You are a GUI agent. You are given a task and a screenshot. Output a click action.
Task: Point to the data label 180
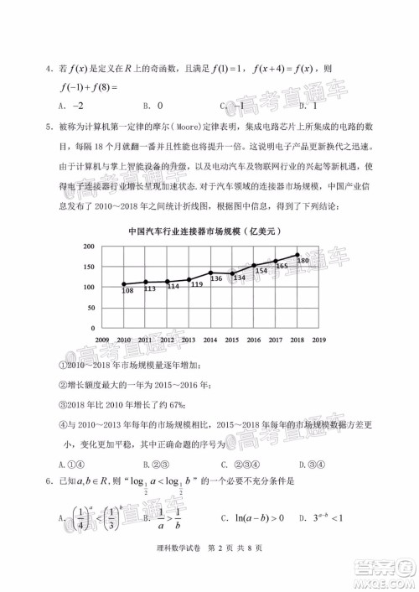coord(303,262)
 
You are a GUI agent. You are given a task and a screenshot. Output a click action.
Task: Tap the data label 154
coord(261,271)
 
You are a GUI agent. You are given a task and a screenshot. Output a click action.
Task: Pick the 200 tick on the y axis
coord(88,247)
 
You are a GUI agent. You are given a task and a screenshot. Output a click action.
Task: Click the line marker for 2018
coord(297,255)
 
